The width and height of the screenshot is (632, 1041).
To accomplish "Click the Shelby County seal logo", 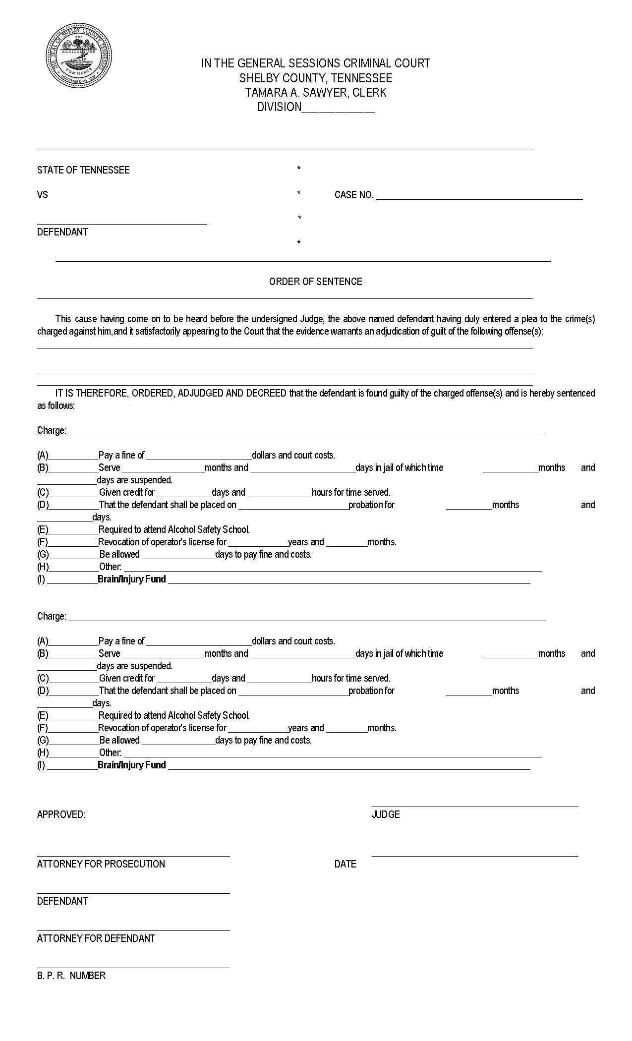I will click(x=79, y=56).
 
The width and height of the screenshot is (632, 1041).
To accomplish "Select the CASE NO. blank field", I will click(x=479, y=195).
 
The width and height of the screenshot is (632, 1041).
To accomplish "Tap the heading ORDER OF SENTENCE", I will click(x=315, y=282).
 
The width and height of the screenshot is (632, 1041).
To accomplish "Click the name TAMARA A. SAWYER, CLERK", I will click(x=315, y=93).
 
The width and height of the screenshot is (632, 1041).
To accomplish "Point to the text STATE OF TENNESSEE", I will click(x=83, y=170).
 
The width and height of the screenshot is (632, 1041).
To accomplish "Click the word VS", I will click(x=42, y=195).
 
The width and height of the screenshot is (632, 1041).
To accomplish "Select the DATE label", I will click(x=345, y=864).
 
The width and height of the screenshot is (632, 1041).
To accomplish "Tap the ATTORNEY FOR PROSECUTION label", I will click(x=101, y=864).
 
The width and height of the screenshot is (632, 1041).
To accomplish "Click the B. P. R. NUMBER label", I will click(x=71, y=976).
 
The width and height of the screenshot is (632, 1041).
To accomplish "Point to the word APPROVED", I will click(x=61, y=814).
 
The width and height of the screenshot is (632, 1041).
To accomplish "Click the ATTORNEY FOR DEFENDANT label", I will click(x=96, y=938).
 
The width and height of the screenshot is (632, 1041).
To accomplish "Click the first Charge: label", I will click(x=52, y=430).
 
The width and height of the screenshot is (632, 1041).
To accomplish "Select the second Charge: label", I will click(x=52, y=616).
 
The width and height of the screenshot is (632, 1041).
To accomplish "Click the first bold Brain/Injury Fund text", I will click(x=131, y=579).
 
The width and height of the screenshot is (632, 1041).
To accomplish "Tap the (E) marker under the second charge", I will click(x=43, y=715).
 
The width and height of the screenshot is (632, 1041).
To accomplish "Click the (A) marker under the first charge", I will click(x=43, y=455).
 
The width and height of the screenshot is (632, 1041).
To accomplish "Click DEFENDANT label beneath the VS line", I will click(x=62, y=232).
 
